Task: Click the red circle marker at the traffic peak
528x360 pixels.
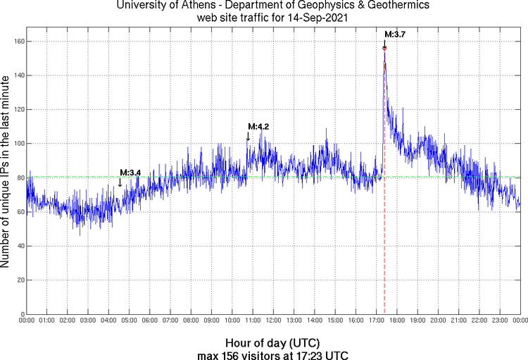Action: [x=384, y=48]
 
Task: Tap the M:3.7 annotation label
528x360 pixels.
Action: [x=395, y=34]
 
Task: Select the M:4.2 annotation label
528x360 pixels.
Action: [x=258, y=126]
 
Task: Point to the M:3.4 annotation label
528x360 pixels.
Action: [x=130, y=173]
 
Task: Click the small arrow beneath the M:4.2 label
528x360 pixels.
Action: [x=248, y=137]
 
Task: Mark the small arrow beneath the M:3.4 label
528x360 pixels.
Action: [x=120, y=182]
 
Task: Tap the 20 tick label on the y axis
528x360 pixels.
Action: [x=18, y=280]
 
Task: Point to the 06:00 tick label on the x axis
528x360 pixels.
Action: [x=149, y=321]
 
